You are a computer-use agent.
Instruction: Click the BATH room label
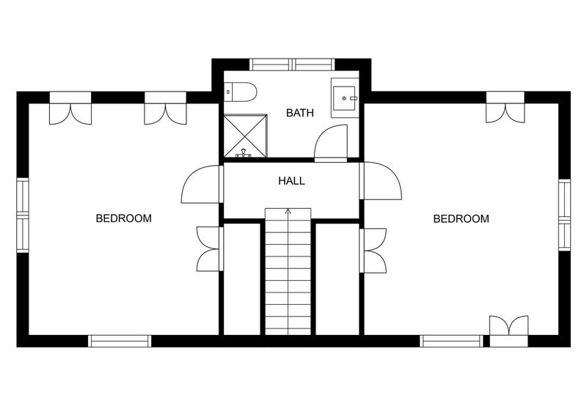pos(299,113)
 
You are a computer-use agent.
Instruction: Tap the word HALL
pos(291,181)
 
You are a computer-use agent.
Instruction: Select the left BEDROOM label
pos(123,218)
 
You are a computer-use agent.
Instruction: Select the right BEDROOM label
pos(461,218)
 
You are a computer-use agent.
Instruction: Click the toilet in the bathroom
pos(241,92)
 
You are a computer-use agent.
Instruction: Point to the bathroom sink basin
pos(344,98)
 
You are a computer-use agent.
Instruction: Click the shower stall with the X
pos(245,136)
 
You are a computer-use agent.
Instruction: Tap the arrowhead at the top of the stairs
pos(288,211)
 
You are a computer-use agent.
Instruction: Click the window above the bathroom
pos(292,65)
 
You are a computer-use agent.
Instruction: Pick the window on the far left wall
pos(23,215)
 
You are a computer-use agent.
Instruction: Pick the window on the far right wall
pos(564,215)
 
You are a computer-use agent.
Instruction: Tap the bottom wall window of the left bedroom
pos(120,341)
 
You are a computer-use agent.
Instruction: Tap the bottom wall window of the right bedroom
pos(451,341)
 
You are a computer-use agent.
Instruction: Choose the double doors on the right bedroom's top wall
pos(506,107)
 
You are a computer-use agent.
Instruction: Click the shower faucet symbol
pos(244,153)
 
